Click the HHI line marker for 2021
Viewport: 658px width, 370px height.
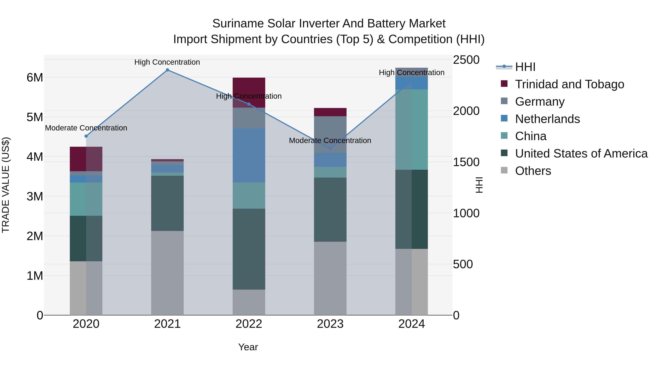coord(167,70)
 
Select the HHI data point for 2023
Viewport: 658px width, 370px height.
coord(330,149)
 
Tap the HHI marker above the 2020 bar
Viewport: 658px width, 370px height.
coord(86,136)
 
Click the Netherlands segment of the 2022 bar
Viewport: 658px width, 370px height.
coord(249,155)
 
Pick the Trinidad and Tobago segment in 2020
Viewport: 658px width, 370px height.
coord(86,159)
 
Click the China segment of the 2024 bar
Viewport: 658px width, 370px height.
coord(411,130)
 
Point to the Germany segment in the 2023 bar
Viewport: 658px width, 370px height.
coord(330,134)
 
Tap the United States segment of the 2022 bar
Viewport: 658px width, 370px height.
coord(249,249)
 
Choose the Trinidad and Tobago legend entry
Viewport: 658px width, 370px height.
coord(569,84)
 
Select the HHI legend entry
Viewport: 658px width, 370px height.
coord(525,67)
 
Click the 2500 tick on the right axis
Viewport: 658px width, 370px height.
coord(466,60)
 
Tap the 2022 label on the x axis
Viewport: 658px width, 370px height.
coord(249,324)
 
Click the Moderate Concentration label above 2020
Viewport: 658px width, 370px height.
coord(86,128)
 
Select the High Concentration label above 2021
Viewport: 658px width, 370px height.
coord(167,62)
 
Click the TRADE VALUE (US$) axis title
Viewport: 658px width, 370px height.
coord(6,185)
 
